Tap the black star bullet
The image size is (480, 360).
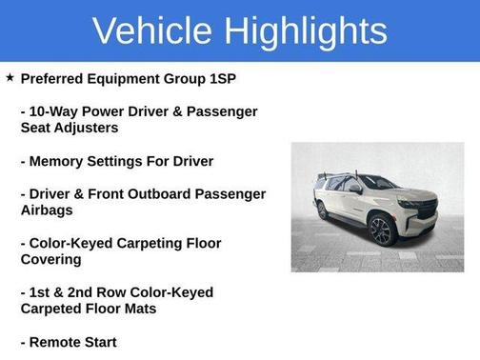10,76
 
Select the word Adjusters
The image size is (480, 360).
85,128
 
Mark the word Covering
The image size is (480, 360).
54,259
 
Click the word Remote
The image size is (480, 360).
58,341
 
